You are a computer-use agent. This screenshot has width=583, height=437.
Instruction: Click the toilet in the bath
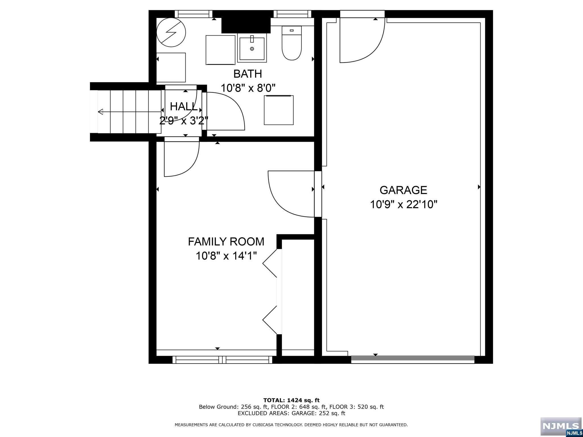click(x=291, y=43)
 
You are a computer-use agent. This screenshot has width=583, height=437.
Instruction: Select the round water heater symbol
click(x=171, y=32)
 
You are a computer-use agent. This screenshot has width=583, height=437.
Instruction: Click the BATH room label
click(x=248, y=74)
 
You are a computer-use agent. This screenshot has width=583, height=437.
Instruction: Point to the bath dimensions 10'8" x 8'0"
click(x=248, y=88)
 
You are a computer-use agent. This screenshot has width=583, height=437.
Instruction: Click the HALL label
click(x=184, y=107)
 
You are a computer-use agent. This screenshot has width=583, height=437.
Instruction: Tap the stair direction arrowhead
click(x=100, y=112)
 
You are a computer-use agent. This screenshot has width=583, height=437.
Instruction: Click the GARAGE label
click(x=403, y=190)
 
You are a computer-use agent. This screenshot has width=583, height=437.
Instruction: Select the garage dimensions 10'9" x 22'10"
click(x=403, y=204)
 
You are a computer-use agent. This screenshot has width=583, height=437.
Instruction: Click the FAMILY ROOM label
click(x=226, y=242)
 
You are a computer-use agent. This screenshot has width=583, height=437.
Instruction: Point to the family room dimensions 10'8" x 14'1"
click(x=226, y=256)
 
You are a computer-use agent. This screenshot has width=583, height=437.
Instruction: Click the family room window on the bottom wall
click(x=222, y=360)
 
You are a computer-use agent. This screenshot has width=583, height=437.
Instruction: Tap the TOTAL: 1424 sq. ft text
click(x=291, y=401)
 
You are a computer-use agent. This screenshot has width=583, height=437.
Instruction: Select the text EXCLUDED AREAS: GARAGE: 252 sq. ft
click(x=291, y=413)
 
